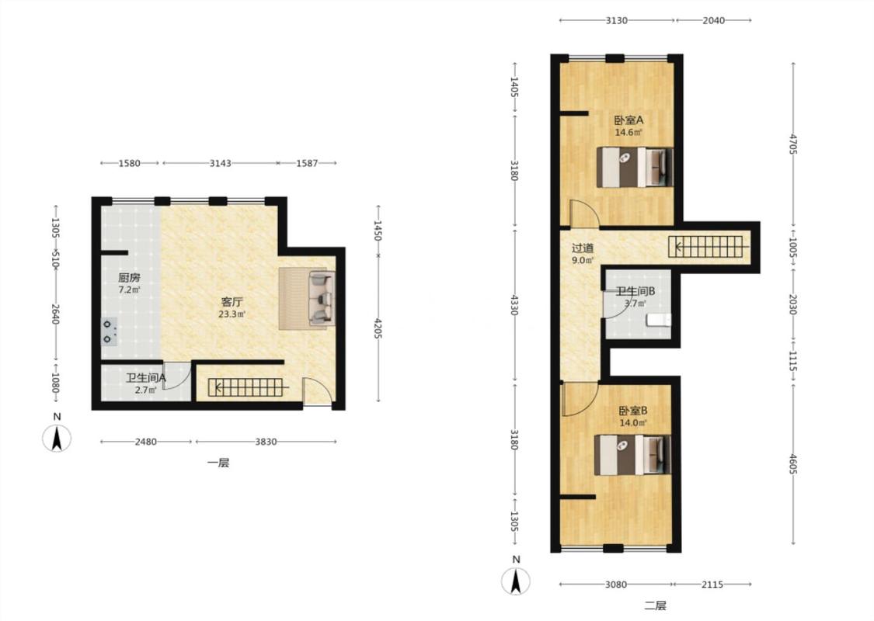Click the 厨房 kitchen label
pyautogui.click(x=129, y=277)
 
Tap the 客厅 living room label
pyautogui.click(x=232, y=302)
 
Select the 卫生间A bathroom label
pyautogui.click(x=145, y=378)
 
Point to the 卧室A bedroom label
pyautogui.click(x=629, y=120)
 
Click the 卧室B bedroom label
pyautogui.click(x=632, y=411)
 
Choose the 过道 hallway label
pyautogui.click(x=583, y=248)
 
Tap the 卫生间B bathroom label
pyautogui.click(x=635, y=291)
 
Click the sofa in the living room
pyautogui.click(x=307, y=299)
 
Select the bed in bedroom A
pyautogui.click(x=634, y=167)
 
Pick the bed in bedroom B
pyautogui.click(x=632, y=455)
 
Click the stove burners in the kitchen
pyautogui.click(x=109, y=331)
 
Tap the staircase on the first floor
pyautogui.click(x=249, y=387)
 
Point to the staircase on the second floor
pyautogui.click(x=706, y=247)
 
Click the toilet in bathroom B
pyautogui.click(x=659, y=321)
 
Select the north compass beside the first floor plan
pyautogui.click(x=57, y=438)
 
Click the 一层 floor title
pyautogui.click(x=218, y=463)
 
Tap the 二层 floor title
pyautogui.click(x=656, y=605)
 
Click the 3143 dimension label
pyautogui.click(x=220, y=163)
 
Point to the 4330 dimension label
pyautogui.click(x=514, y=304)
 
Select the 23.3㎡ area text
pyautogui.click(x=232, y=314)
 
